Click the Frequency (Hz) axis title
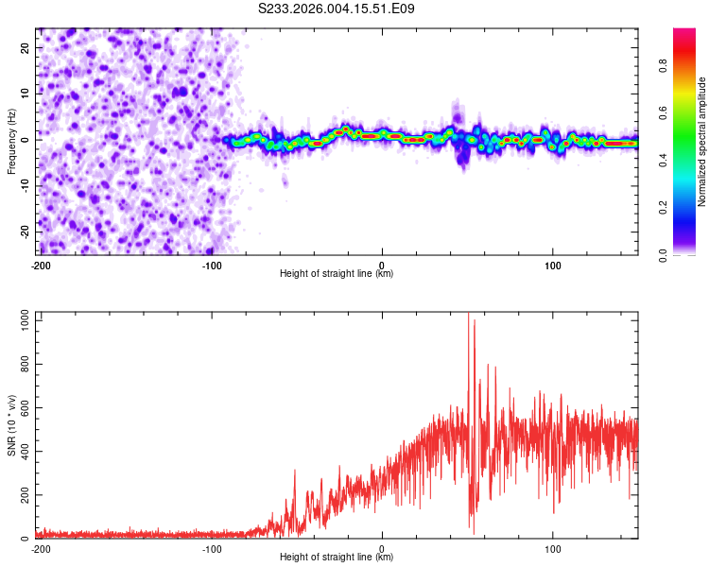(11, 141)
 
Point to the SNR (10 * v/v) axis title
(11, 427)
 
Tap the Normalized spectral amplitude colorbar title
(702, 142)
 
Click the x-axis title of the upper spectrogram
(337, 273)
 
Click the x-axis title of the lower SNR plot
(337, 557)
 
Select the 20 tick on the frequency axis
(26, 47)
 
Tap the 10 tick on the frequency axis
(26, 94)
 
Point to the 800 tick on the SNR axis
(23, 364)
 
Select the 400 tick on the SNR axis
(23, 452)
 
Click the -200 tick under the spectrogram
(41, 265)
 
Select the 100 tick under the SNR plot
(553, 548)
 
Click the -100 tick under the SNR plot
(211, 548)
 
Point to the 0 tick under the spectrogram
(382, 265)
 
